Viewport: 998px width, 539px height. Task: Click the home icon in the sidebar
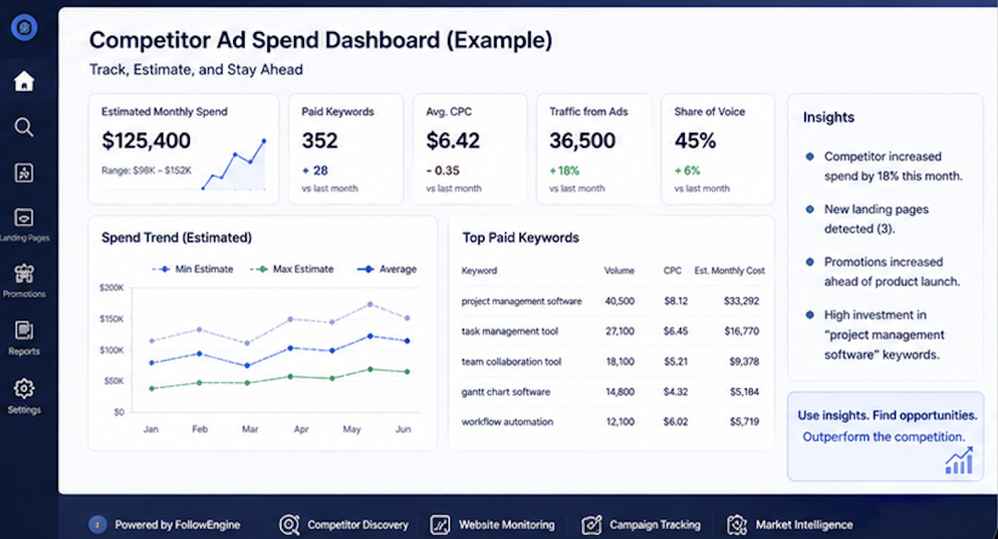pyautogui.click(x=24, y=81)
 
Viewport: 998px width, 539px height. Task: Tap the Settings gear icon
pyautogui.click(x=24, y=388)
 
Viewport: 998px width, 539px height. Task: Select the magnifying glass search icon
pyautogui.click(x=24, y=127)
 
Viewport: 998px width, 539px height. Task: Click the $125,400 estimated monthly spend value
pyautogui.click(x=146, y=141)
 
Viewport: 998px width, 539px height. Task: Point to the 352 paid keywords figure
pyautogui.click(x=320, y=141)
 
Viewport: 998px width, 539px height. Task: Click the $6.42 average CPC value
pyautogui.click(x=453, y=141)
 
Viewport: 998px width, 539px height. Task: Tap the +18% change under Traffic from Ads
pyautogui.click(x=564, y=171)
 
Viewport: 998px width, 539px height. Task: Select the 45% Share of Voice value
pyautogui.click(x=695, y=141)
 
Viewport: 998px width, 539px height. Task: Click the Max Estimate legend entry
pyautogui.click(x=292, y=269)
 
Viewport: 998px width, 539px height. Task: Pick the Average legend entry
pyautogui.click(x=387, y=269)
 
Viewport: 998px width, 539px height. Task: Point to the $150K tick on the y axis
pyautogui.click(x=111, y=319)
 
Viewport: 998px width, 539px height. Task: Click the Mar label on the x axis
pyautogui.click(x=250, y=429)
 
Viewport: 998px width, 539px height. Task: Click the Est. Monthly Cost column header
pyautogui.click(x=729, y=270)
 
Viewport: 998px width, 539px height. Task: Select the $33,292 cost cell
pyautogui.click(x=741, y=301)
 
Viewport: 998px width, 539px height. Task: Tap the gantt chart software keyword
pyautogui.click(x=506, y=391)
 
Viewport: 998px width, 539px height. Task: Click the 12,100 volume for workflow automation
pyautogui.click(x=620, y=422)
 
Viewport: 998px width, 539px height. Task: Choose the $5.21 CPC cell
pyautogui.click(x=676, y=362)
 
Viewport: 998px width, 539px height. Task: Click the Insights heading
pyautogui.click(x=829, y=117)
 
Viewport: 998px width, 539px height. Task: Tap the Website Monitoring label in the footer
pyautogui.click(x=507, y=525)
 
